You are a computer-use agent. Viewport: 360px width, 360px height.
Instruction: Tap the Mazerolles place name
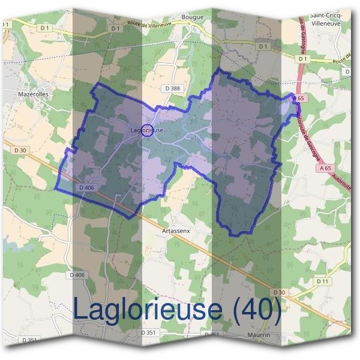tap(34, 94)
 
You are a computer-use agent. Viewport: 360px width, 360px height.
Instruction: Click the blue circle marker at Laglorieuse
tap(146, 130)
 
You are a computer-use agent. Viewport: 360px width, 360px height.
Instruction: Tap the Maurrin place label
tap(259, 335)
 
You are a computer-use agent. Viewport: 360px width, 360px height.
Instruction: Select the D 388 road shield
tap(172, 88)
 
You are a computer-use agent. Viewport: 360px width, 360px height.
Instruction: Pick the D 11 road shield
tap(322, 281)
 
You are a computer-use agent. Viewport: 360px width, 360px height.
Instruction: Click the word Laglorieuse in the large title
tap(148, 309)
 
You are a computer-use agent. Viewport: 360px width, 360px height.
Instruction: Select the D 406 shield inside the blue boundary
tap(87, 188)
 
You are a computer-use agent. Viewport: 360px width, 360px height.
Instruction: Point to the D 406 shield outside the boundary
tap(77, 275)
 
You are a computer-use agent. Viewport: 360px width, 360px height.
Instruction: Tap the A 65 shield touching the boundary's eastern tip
tap(299, 98)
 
